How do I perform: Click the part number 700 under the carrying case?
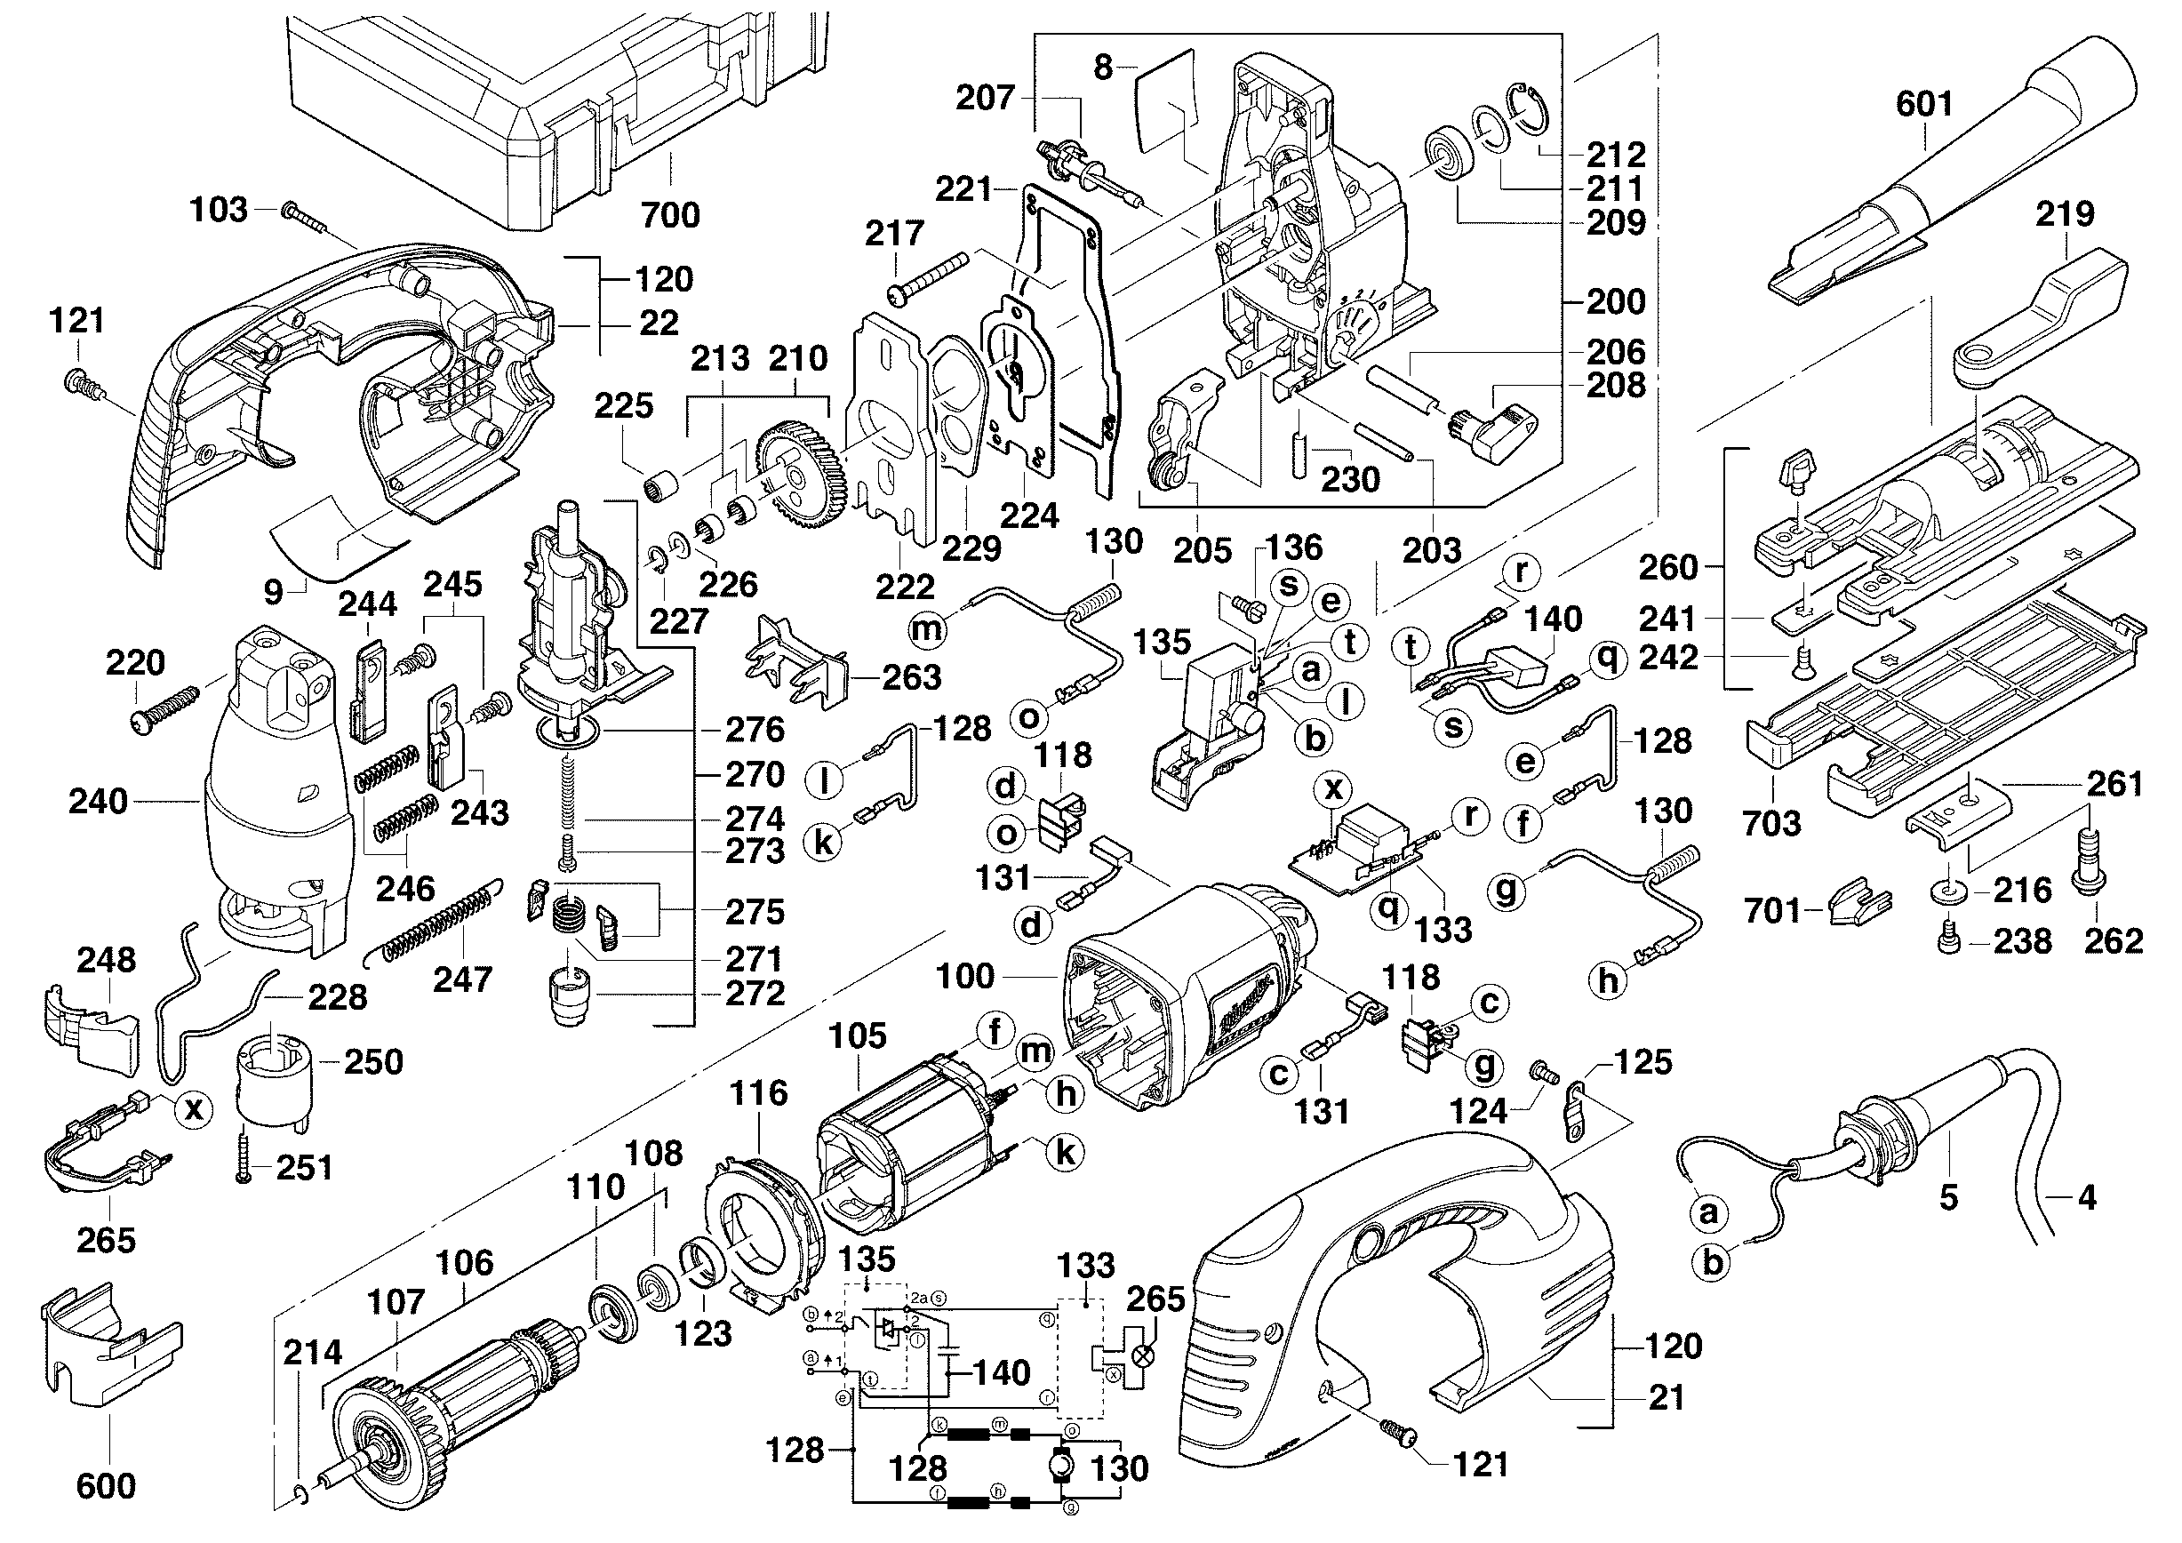click(x=670, y=215)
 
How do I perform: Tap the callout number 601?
click(x=1924, y=104)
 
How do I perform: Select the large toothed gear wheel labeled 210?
click(x=796, y=474)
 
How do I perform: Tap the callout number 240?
click(x=98, y=801)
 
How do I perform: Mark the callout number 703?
click(x=1772, y=823)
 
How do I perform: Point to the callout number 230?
click(x=1350, y=480)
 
